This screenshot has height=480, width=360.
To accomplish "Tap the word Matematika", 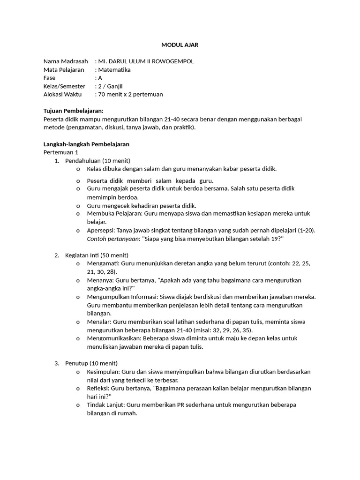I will pos(114,70).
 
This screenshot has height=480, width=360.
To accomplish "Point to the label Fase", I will pos(49,78).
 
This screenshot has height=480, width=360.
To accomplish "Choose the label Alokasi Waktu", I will pos(62,94).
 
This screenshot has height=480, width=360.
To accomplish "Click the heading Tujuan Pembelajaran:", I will pos(73,111).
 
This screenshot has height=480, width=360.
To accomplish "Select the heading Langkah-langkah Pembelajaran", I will pos(86,144).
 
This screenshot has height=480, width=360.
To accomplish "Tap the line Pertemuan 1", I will pos(61,152).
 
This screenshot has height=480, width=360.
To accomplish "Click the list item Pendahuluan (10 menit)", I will pos(97,161).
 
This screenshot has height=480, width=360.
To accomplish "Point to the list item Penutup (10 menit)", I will pos(91,363).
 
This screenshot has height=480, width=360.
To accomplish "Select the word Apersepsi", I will pos(101,231).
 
